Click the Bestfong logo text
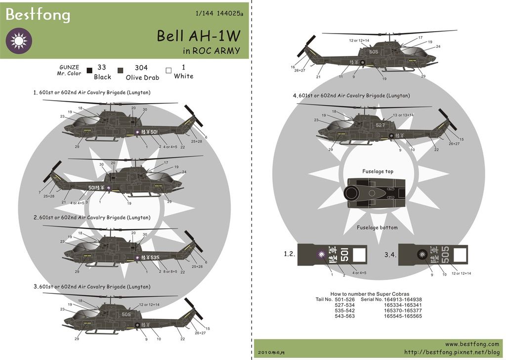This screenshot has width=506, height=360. point(38,15)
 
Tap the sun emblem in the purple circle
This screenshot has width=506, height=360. point(18,40)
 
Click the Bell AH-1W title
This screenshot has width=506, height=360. point(199,36)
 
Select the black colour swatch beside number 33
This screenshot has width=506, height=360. point(89,71)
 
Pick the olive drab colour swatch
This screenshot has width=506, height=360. point(120,71)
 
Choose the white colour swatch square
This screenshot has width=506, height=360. point(169,71)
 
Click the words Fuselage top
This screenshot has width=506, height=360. point(378,171)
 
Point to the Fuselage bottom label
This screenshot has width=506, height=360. point(377,228)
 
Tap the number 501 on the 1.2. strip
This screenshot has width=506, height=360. point(345,255)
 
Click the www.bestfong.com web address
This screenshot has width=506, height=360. point(472,344)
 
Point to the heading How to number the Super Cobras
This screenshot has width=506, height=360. point(370,294)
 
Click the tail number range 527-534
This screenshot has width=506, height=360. point(344,305)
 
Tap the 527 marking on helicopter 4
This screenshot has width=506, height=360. point(380,125)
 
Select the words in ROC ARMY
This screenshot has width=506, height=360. point(211,50)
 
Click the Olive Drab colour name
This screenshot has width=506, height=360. point(142,77)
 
